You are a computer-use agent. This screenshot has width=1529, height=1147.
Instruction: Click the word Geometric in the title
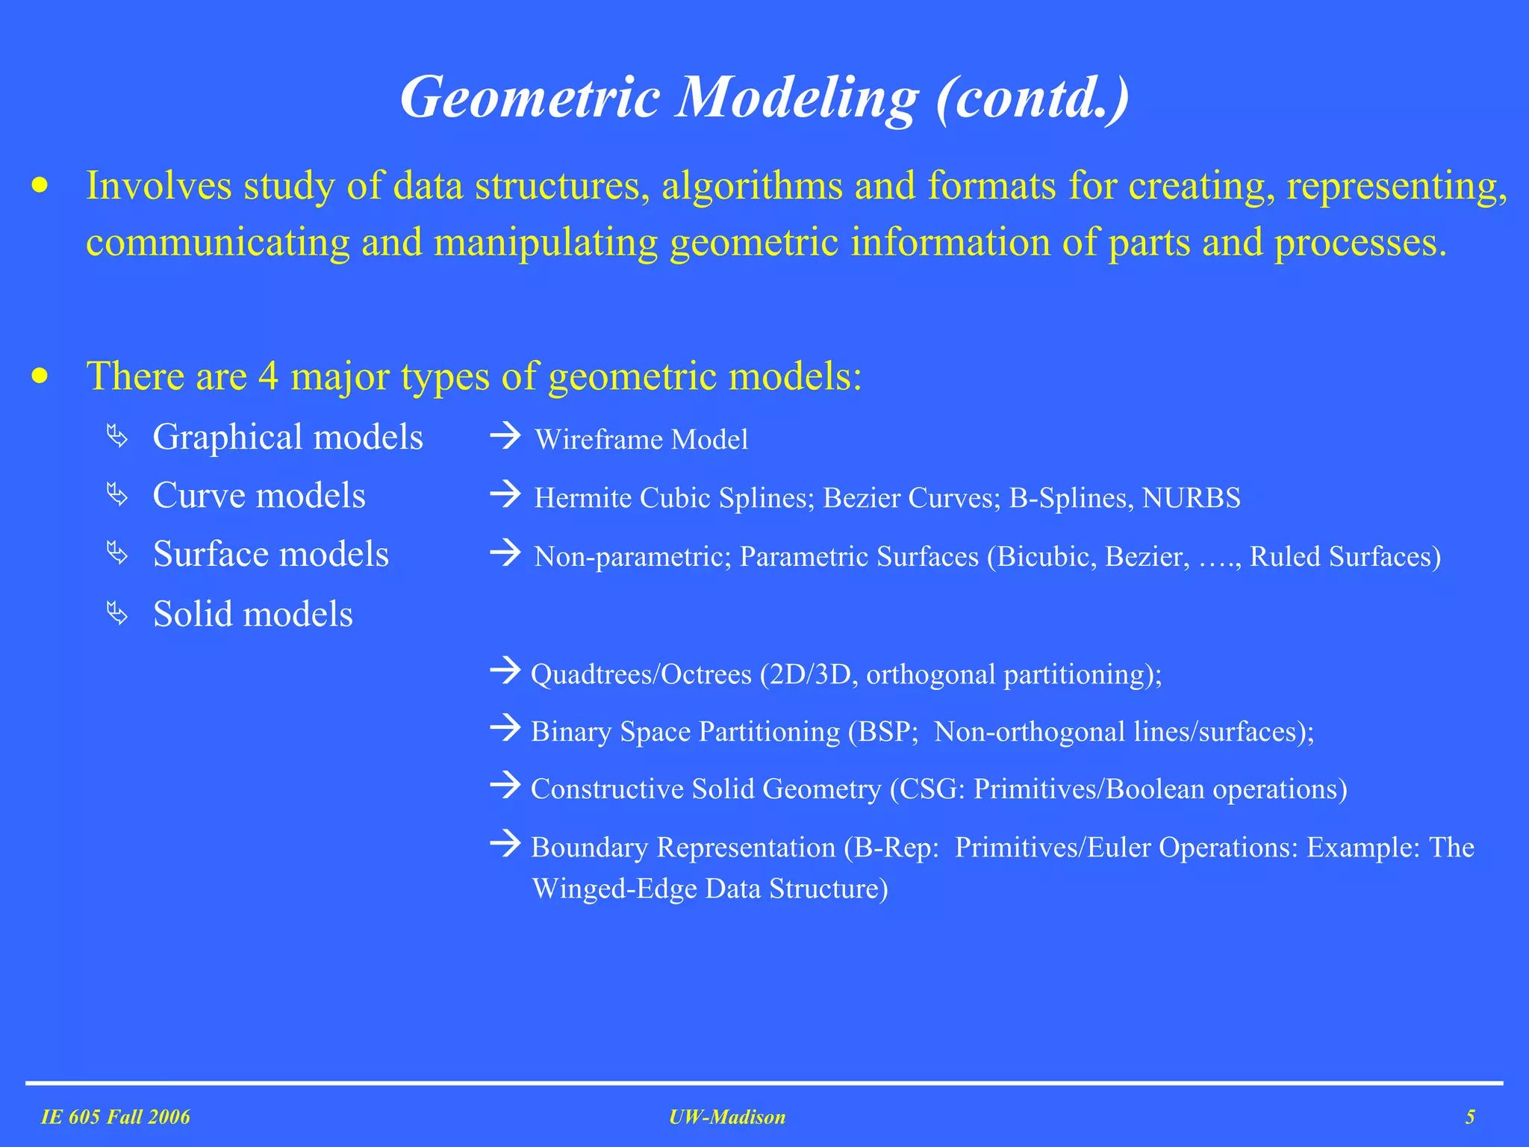coord(530,99)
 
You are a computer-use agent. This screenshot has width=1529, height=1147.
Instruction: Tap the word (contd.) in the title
coord(1032,99)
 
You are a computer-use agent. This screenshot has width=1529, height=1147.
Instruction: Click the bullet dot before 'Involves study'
coord(40,186)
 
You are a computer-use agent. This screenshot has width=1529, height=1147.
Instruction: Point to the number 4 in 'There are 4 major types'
coord(269,376)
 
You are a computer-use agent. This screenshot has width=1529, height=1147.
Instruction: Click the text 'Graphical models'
coord(287,437)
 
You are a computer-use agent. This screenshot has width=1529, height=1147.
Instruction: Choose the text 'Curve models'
coord(259,496)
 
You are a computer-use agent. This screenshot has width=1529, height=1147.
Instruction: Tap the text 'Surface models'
coord(270,555)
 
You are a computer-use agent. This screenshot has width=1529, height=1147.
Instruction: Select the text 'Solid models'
coord(252,615)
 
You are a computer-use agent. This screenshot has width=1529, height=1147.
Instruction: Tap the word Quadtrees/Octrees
coord(641,675)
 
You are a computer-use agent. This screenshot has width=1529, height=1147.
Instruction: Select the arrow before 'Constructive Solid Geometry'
coord(505,786)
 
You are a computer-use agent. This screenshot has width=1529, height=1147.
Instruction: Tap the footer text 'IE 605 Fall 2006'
coord(116,1117)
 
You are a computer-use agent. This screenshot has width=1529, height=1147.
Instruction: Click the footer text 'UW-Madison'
coord(727,1117)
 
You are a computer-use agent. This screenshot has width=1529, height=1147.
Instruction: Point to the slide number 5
coord(1470,1117)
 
